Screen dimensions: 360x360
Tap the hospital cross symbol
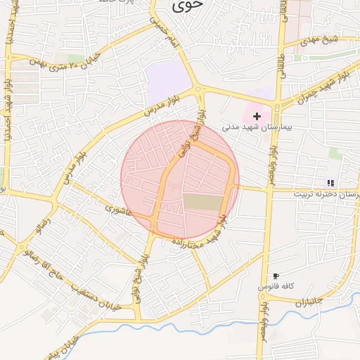point(257,115)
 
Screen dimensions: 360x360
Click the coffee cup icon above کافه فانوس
point(275,276)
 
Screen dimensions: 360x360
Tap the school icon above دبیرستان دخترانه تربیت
point(330,183)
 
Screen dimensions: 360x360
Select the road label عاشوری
point(118,210)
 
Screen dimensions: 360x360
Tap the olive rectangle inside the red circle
point(202,202)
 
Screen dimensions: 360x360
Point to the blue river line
point(176,326)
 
